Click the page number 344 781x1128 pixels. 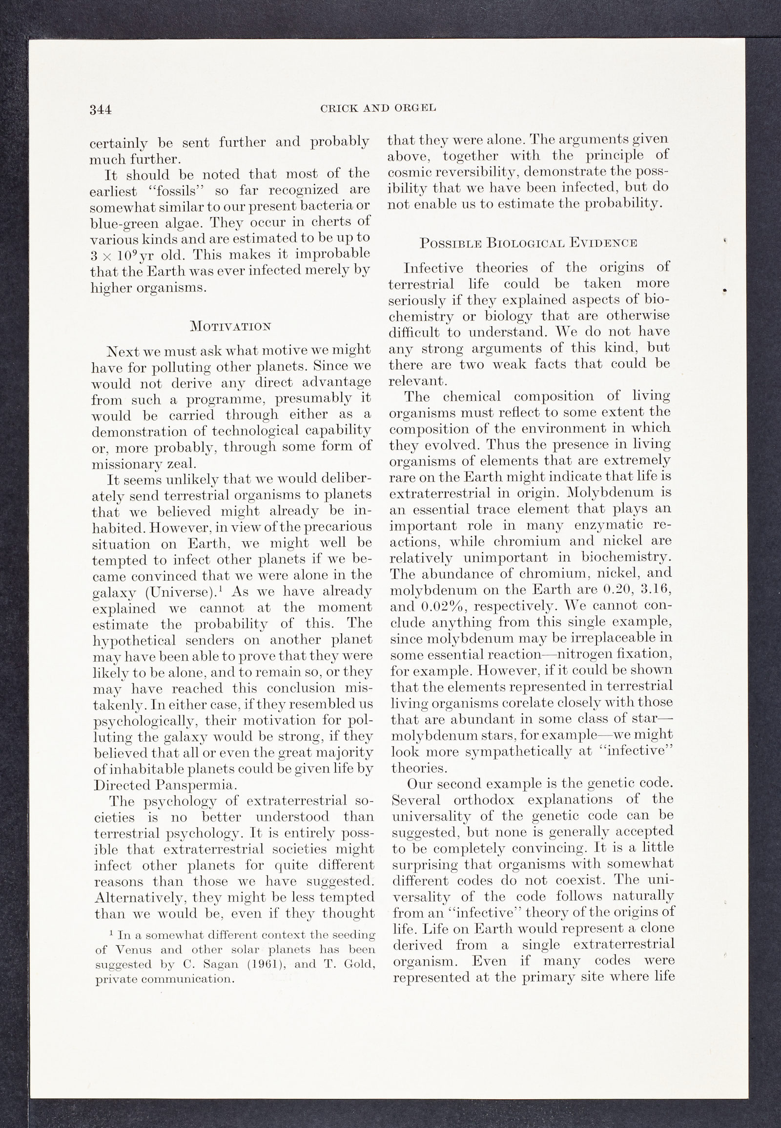click(101, 110)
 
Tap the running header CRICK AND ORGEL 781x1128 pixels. click(378, 108)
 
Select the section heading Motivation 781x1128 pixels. click(229, 326)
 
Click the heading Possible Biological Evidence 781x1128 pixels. click(529, 242)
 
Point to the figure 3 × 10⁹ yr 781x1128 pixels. click(123, 255)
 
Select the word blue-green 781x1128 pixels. click(123, 223)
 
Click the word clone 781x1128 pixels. click(656, 928)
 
